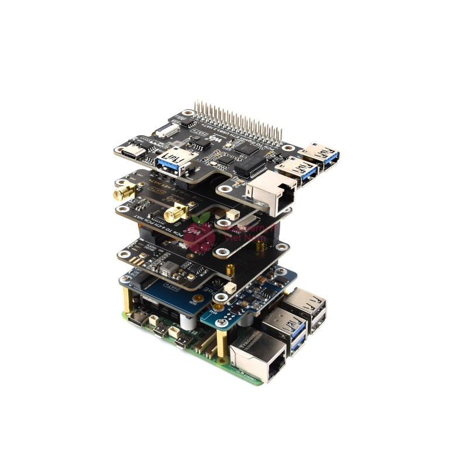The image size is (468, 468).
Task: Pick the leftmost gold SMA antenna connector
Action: pos(124,191)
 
